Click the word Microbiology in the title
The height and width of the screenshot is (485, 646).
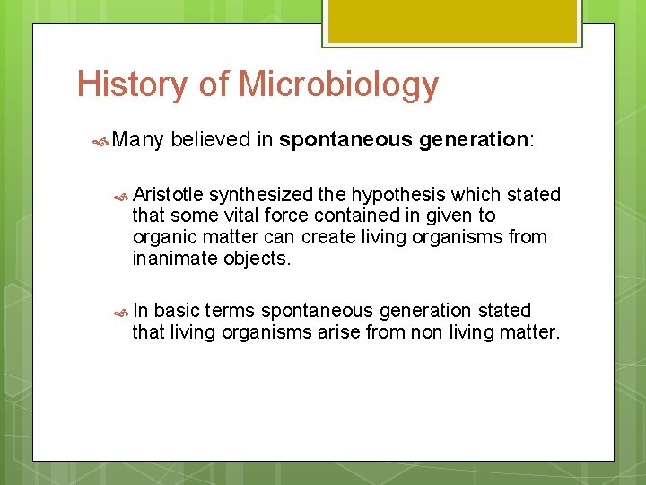point(338,84)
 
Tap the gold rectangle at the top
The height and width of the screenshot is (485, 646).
point(451,21)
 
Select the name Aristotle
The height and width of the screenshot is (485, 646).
point(168,195)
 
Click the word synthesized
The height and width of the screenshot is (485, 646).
point(260,195)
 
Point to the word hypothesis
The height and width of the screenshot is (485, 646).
point(398,195)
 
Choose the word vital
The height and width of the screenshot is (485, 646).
point(238,216)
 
